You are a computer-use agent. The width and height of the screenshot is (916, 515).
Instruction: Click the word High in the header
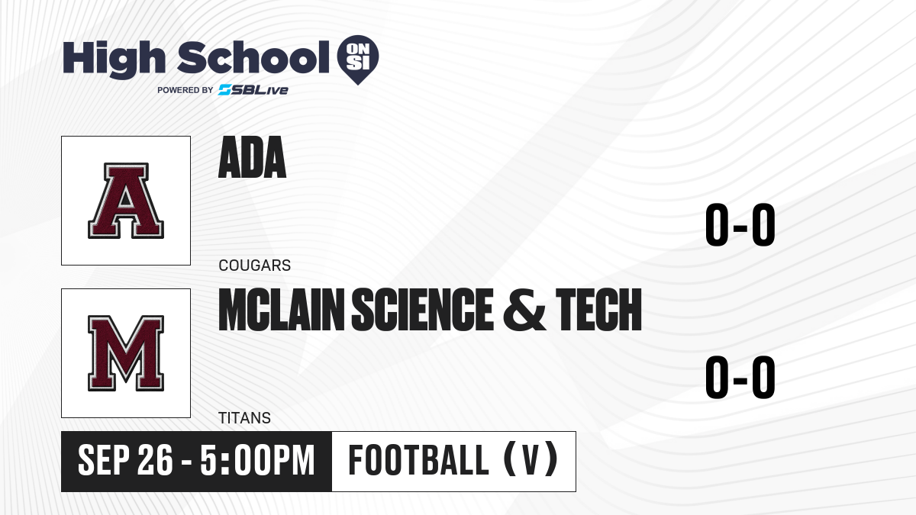pyautogui.click(x=114, y=60)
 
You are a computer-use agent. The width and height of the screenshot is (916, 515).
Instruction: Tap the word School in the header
pyautogui.click(x=253, y=58)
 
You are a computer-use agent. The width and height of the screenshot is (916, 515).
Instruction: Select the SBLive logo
pyautogui.click(x=253, y=90)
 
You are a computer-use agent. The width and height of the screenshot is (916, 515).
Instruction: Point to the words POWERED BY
pyautogui.click(x=185, y=90)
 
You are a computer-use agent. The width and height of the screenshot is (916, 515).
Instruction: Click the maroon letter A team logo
pyautogui.click(x=126, y=201)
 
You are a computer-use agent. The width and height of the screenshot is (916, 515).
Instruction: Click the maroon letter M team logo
pyautogui.click(x=126, y=353)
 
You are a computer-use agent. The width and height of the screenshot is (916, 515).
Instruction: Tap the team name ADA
pyautogui.click(x=253, y=157)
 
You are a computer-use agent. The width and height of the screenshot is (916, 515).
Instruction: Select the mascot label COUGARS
pyautogui.click(x=255, y=266)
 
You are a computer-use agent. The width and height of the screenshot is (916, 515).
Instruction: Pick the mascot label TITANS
pyautogui.click(x=244, y=418)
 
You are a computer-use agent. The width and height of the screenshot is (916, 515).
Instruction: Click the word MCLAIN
pyautogui.click(x=282, y=310)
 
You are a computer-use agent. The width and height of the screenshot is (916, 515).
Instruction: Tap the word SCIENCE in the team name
pyautogui.click(x=423, y=310)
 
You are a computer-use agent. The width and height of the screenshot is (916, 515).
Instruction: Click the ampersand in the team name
pyautogui.click(x=524, y=310)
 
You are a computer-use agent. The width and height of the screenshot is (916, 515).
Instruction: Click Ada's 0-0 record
pyautogui.click(x=740, y=225)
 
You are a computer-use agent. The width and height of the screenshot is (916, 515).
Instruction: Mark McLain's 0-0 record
pyautogui.click(x=740, y=377)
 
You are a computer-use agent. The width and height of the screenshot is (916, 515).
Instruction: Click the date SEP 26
pyautogui.click(x=125, y=461)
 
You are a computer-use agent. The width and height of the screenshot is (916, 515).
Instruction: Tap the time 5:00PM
pyautogui.click(x=258, y=461)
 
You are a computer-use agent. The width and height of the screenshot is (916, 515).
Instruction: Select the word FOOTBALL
pyautogui.click(x=418, y=460)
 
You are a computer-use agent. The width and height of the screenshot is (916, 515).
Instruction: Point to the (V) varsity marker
pyautogui.click(x=531, y=459)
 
